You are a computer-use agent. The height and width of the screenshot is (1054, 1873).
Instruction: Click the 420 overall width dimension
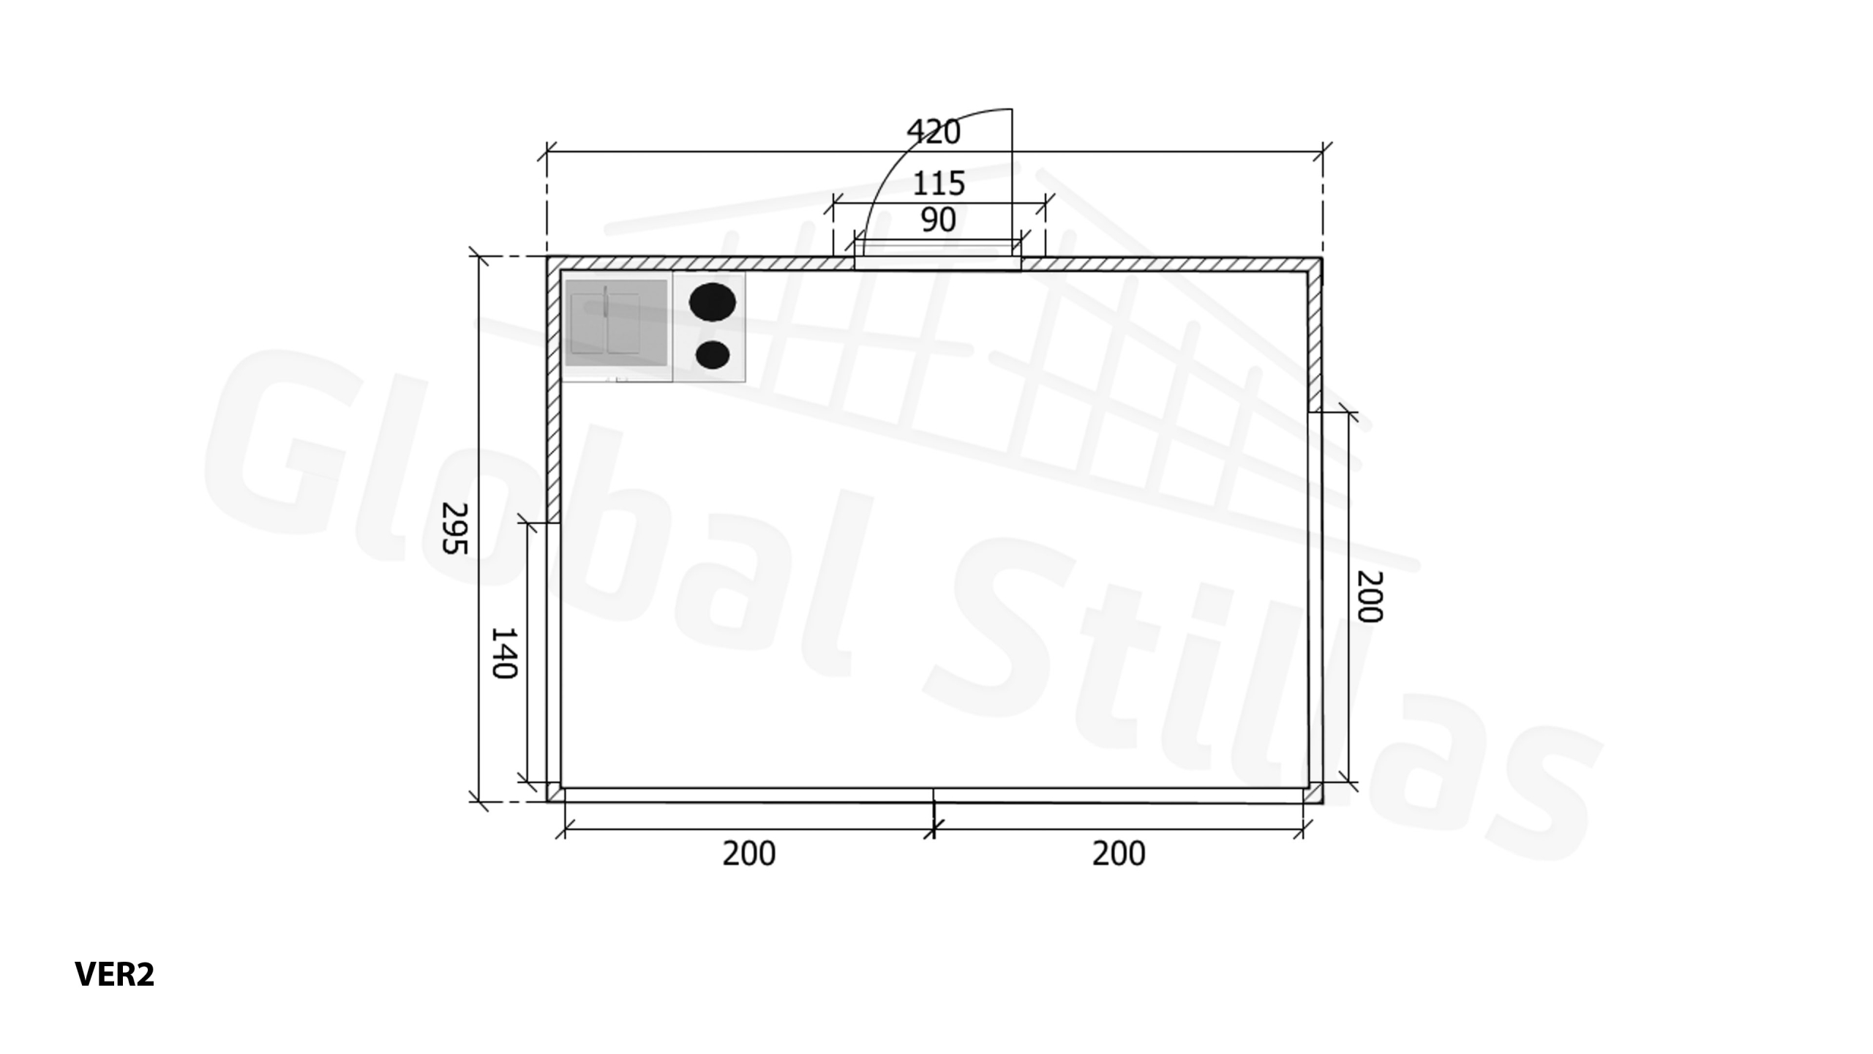(933, 132)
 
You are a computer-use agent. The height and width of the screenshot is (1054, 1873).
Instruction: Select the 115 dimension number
(939, 184)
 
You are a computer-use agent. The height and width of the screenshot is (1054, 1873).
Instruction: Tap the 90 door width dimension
(938, 220)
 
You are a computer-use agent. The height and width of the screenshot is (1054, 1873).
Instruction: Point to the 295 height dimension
(454, 528)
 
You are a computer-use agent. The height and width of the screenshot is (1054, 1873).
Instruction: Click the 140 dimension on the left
(503, 653)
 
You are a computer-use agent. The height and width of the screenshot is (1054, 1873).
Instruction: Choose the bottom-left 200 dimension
(748, 853)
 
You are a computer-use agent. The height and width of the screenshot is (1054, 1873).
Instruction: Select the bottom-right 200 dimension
(1119, 853)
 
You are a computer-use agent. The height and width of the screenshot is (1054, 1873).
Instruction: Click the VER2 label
(115, 974)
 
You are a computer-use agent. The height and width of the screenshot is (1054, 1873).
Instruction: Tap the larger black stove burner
(713, 302)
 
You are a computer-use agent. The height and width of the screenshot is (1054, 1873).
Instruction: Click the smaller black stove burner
(712, 355)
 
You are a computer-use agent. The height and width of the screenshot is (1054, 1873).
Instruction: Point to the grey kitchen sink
(616, 323)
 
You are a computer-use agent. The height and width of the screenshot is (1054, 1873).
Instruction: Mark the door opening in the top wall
(937, 263)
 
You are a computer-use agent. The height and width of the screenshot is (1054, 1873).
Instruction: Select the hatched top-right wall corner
(1315, 264)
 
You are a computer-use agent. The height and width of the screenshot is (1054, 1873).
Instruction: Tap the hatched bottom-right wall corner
(1315, 795)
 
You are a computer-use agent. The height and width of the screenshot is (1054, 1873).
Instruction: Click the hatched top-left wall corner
(554, 264)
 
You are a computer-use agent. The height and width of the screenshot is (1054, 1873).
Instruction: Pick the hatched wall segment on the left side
(554, 395)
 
